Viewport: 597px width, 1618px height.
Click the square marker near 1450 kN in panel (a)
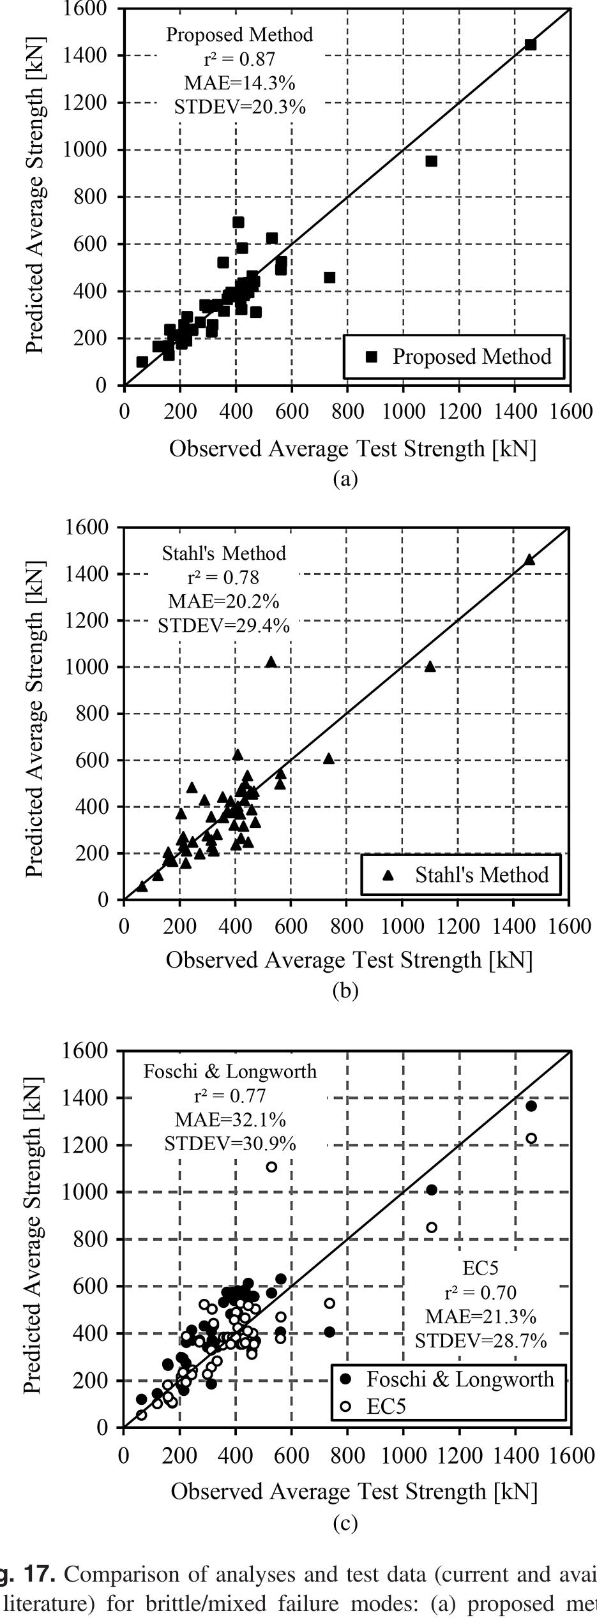[530, 44]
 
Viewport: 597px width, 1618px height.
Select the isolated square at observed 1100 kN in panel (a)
[431, 161]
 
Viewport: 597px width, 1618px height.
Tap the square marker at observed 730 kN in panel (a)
[329, 277]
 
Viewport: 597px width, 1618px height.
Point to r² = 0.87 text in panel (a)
[239, 59]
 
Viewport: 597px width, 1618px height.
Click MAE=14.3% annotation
[239, 83]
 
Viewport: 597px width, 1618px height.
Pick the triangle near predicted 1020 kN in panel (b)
[271, 662]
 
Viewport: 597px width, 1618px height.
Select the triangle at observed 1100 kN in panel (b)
[430, 666]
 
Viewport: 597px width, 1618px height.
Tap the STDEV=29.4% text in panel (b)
[223, 626]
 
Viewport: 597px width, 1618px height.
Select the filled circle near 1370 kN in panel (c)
[531, 1106]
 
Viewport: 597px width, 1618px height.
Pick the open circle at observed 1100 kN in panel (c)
[431, 1227]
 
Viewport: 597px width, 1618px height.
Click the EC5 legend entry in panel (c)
[386, 1406]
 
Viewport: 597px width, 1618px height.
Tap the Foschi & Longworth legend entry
[460, 1379]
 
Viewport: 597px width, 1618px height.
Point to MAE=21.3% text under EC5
[481, 1316]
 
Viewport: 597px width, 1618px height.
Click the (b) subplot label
[345, 991]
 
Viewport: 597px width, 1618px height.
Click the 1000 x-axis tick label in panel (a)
[403, 411]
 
